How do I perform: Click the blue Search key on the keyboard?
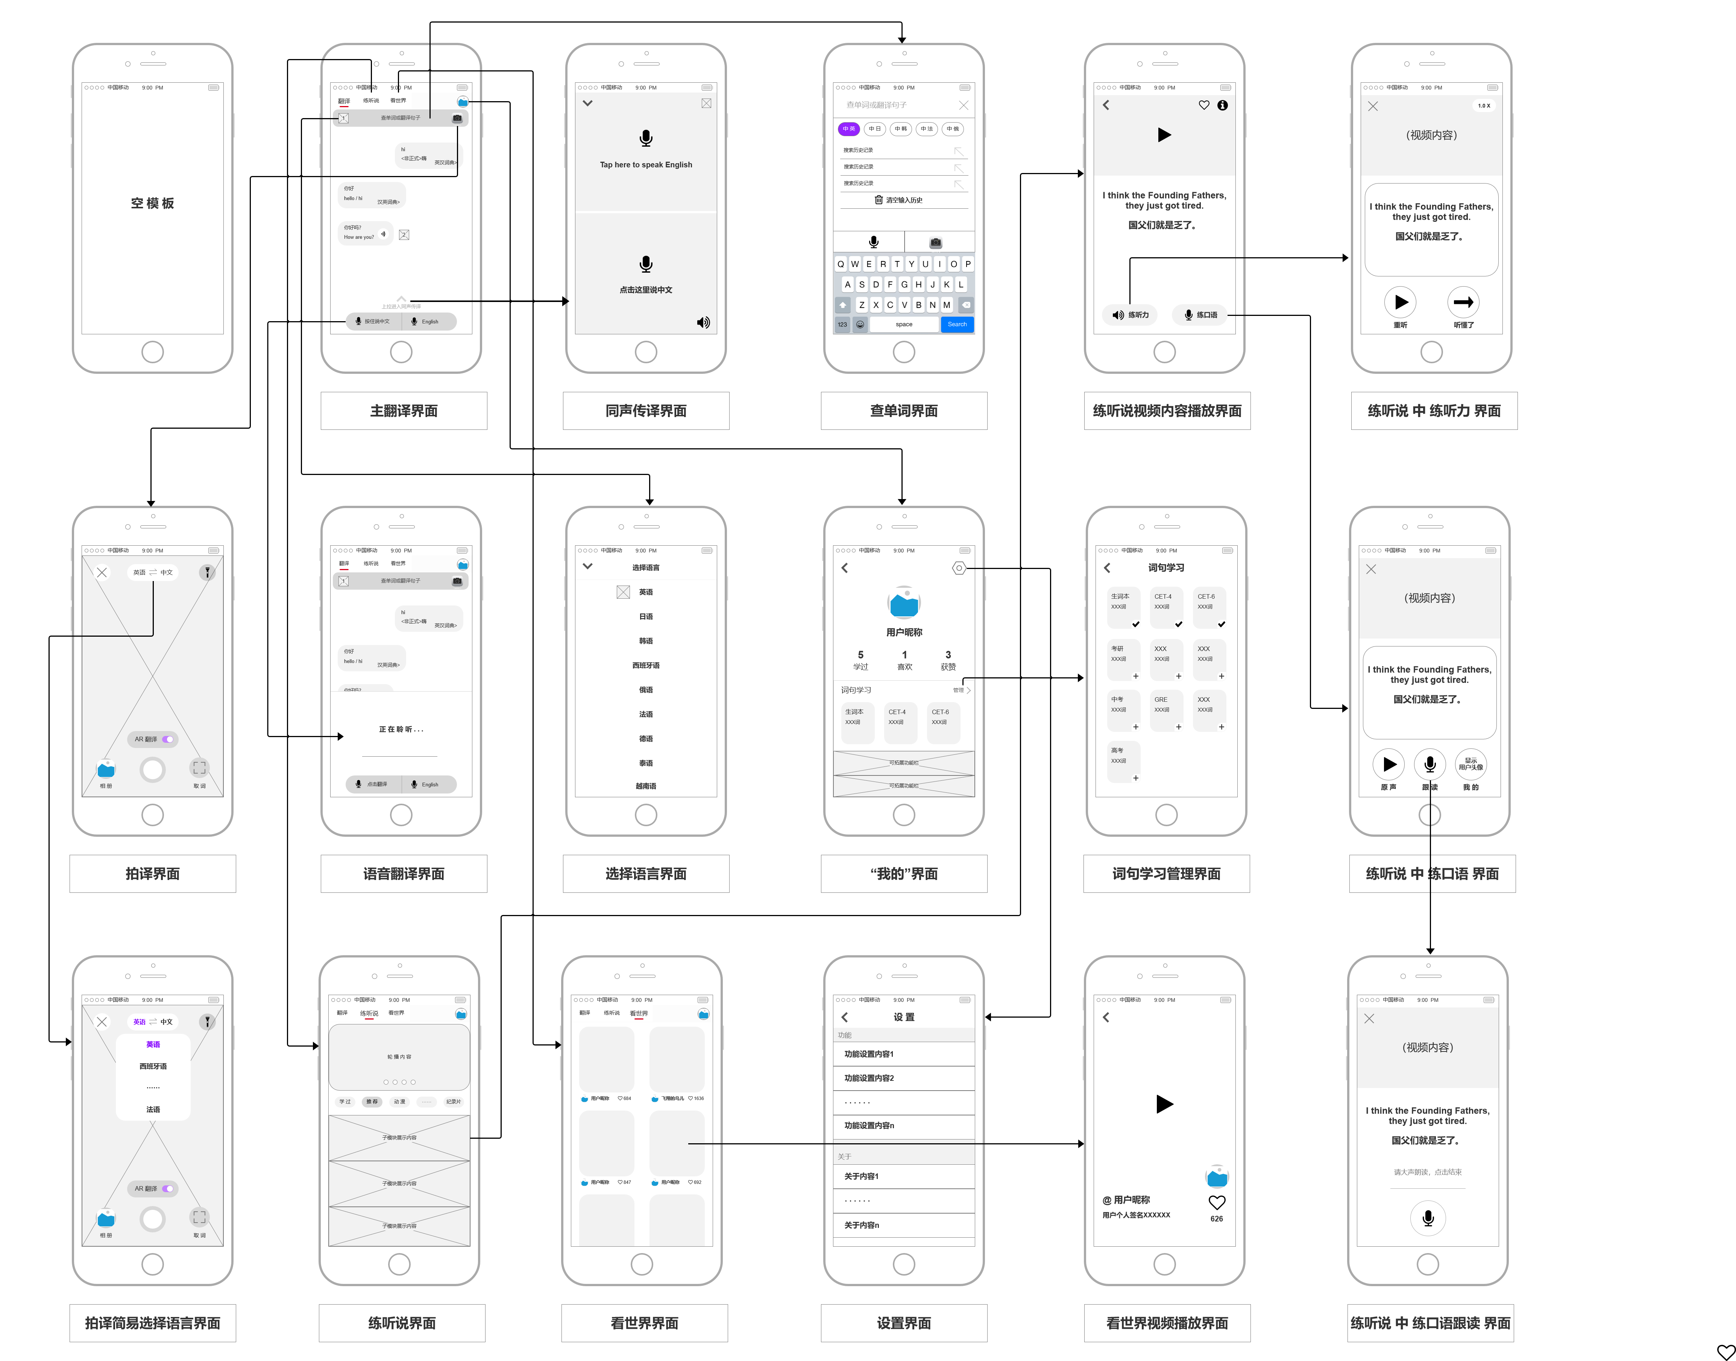[x=957, y=324]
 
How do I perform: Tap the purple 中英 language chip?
[x=848, y=129]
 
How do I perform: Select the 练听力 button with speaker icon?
[x=1131, y=315]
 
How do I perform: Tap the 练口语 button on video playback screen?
[x=1200, y=315]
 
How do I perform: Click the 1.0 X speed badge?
[x=1483, y=105]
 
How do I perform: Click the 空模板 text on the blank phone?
[x=152, y=203]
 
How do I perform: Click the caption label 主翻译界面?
[x=403, y=410]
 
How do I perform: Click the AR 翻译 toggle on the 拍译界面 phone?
[x=153, y=739]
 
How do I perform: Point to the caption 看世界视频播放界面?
[x=1166, y=1323]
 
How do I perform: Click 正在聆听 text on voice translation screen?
[x=401, y=729]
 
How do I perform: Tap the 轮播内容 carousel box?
[x=399, y=1057]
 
